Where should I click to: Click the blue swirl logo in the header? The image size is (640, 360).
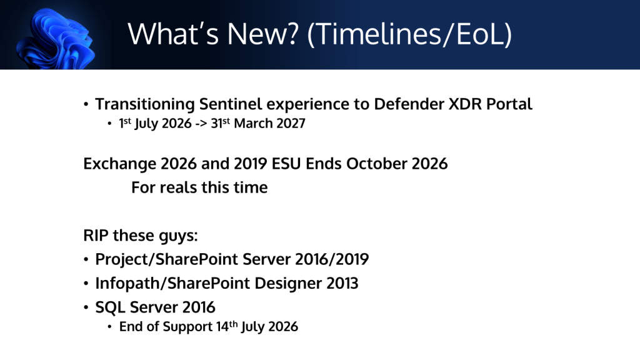click(x=56, y=39)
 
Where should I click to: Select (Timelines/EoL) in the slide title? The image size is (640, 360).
click(x=409, y=34)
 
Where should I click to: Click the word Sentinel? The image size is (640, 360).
click(x=230, y=104)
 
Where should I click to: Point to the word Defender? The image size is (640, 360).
click(x=409, y=104)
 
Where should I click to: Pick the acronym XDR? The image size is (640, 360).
click(x=465, y=104)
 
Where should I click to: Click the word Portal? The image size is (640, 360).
click(x=509, y=104)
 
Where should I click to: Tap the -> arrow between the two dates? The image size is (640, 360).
click(x=201, y=124)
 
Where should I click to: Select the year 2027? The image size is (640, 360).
click(x=290, y=123)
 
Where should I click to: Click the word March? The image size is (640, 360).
click(x=252, y=123)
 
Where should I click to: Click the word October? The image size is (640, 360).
click(x=377, y=164)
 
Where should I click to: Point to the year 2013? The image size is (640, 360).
click(x=342, y=283)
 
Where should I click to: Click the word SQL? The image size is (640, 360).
click(x=110, y=307)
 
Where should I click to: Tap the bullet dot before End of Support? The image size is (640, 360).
click(x=109, y=327)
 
